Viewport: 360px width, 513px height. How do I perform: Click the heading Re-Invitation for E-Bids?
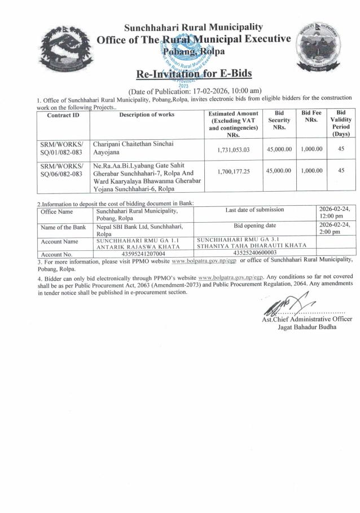click(x=194, y=74)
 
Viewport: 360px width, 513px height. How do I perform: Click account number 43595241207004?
click(x=143, y=254)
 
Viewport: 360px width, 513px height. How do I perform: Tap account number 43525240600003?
click(x=255, y=254)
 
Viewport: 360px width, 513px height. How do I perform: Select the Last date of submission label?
click(x=254, y=210)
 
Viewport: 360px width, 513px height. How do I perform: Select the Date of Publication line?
click(x=195, y=91)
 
